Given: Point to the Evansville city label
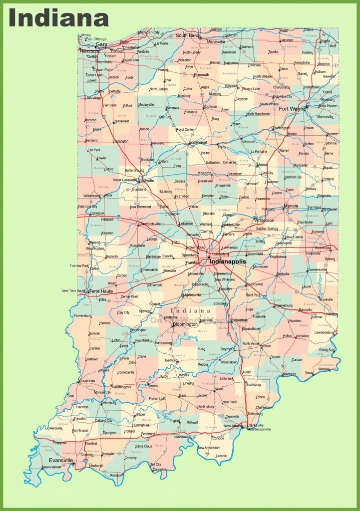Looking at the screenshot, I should coord(60,460).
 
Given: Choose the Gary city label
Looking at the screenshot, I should coord(101,44).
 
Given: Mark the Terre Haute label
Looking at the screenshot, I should coord(100,291).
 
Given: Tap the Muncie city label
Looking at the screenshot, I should coord(291,206).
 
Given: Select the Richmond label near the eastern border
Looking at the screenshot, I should coord(323,248).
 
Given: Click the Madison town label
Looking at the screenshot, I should coord(289,374).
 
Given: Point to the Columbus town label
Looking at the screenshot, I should coord(240,320).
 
